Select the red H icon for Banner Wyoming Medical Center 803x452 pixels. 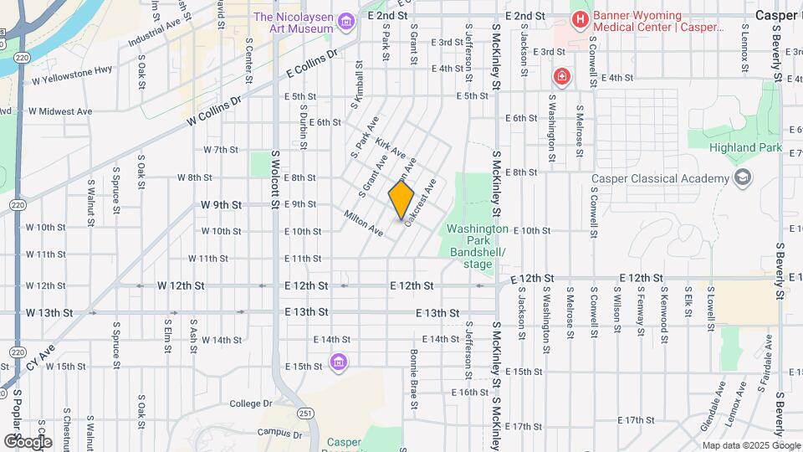coord(579,18)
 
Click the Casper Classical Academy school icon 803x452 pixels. coord(741,177)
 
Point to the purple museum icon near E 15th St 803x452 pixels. coord(339,362)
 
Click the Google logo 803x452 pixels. coord(28,441)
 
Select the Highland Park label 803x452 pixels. coord(744,149)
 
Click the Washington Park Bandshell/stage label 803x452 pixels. coord(478,246)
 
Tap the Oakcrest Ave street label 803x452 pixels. coord(421,202)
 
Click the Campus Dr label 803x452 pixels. coord(279,433)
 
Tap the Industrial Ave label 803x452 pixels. coord(154,35)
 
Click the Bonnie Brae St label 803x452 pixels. coord(413,380)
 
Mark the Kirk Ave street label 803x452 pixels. coord(391,149)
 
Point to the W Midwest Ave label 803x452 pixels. coord(61,110)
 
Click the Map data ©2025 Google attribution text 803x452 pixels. coord(751,445)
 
